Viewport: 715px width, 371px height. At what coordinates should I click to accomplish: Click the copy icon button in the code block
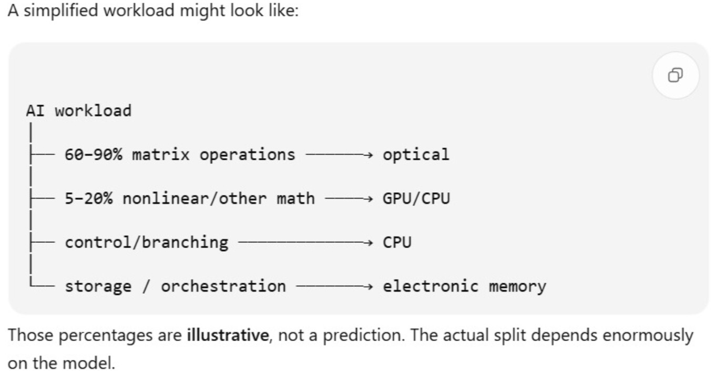click(676, 75)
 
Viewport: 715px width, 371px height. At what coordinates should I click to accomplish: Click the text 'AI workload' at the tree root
click(78, 111)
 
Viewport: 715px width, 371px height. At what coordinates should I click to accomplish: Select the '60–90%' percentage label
click(93, 154)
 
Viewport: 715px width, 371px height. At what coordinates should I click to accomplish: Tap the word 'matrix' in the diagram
click(161, 154)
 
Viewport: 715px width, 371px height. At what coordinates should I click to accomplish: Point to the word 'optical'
click(416, 155)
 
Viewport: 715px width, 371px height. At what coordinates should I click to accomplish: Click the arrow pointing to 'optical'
click(339, 155)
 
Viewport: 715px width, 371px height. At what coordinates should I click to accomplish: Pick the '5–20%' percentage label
click(88, 199)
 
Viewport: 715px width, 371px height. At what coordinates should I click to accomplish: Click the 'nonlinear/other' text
click(195, 199)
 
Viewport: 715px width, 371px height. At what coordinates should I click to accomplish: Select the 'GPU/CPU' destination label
click(416, 199)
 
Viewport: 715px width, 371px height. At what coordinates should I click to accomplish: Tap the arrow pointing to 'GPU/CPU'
click(349, 199)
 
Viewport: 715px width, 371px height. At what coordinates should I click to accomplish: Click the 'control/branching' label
click(147, 242)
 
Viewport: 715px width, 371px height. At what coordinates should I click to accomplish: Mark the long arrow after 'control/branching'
click(305, 243)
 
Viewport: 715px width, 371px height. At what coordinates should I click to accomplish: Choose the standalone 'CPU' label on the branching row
click(397, 242)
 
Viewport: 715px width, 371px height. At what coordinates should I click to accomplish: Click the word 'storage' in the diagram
click(98, 286)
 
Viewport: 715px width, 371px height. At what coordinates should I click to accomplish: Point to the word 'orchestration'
click(223, 286)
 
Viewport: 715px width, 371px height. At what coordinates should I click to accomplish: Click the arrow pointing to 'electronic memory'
click(334, 286)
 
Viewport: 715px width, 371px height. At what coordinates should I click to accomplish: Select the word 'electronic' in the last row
click(431, 286)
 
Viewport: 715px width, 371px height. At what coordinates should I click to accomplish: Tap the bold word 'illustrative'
click(228, 335)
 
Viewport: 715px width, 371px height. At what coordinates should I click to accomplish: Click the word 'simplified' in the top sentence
click(61, 11)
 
